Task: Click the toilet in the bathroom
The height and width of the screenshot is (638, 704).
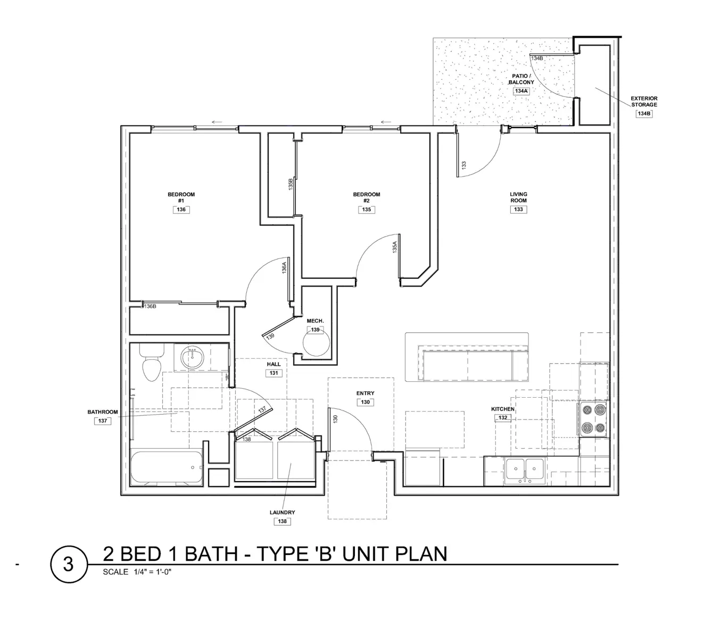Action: click(152, 364)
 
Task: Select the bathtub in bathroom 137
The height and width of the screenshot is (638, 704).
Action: click(167, 468)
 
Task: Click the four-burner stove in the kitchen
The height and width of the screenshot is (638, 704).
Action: click(593, 419)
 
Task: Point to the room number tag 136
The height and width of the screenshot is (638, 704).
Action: click(181, 210)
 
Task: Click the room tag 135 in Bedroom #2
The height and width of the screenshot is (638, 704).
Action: click(366, 210)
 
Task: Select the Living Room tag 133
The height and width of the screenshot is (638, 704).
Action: click(518, 209)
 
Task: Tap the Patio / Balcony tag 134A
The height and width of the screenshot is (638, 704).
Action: click(521, 91)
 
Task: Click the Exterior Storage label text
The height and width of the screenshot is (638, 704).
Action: click(644, 102)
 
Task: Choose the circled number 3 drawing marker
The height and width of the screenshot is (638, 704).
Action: click(68, 564)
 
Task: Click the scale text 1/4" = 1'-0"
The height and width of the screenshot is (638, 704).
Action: click(150, 572)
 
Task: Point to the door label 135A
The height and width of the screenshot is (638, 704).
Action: click(395, 247)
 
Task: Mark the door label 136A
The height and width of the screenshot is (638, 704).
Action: click(285, 267)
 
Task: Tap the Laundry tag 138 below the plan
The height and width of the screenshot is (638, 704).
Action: click(282, 522)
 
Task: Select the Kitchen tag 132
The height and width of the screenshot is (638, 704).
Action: click(503, 418)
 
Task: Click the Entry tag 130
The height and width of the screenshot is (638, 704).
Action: click(365, 402)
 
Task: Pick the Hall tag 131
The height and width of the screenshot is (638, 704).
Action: click(274, 373)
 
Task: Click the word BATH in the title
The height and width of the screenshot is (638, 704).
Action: click(211, 554)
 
